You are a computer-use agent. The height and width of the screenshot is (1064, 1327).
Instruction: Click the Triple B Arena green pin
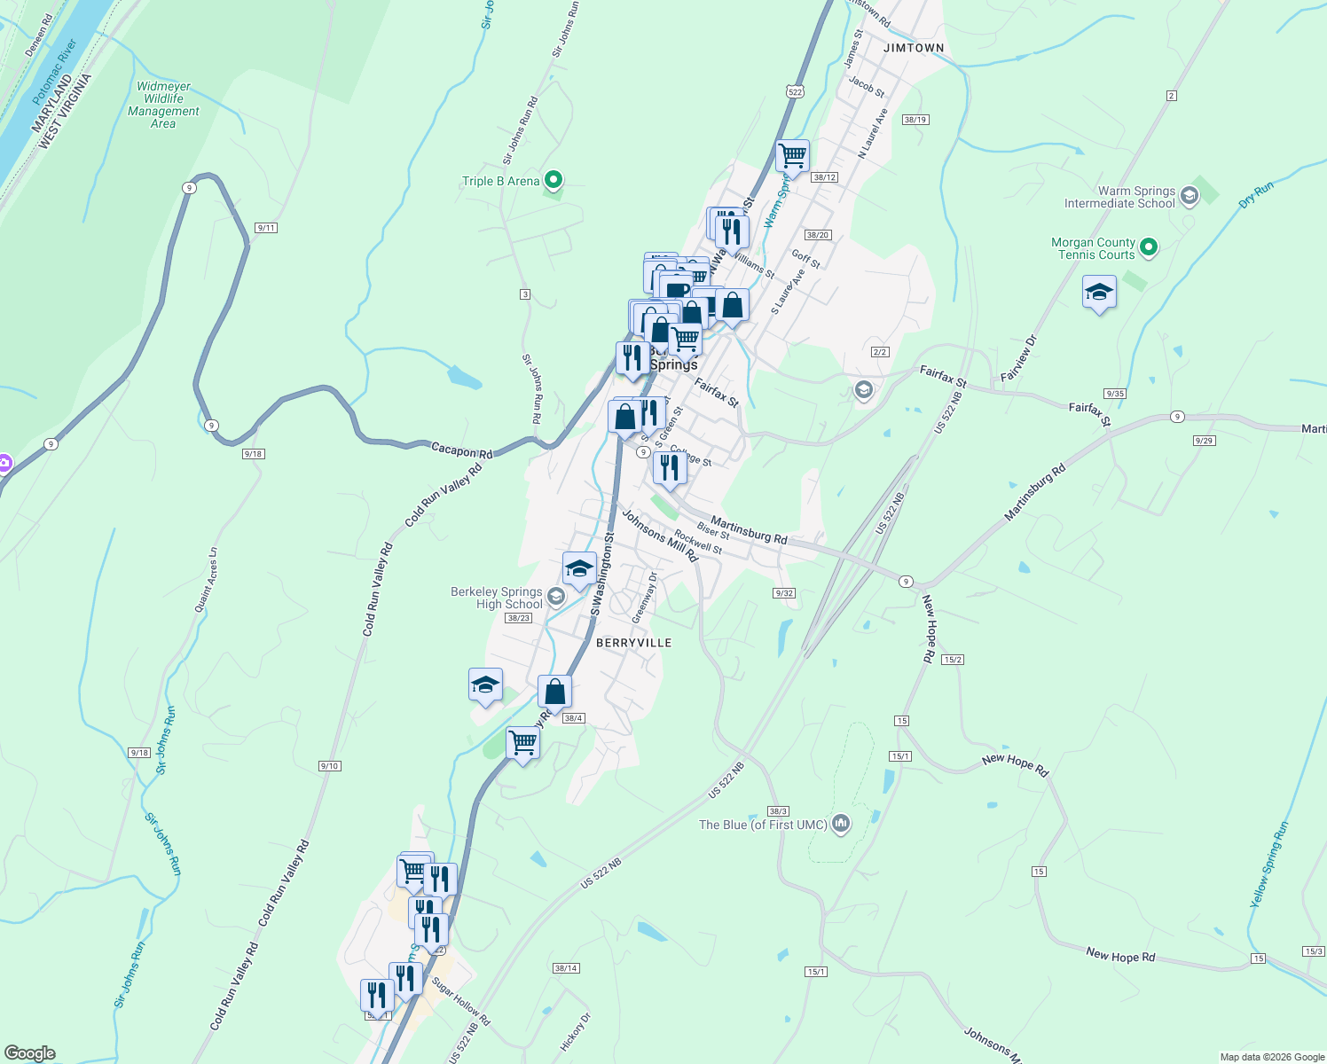[554, 181]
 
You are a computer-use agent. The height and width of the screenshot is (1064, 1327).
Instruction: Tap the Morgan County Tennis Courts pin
[1149, 247]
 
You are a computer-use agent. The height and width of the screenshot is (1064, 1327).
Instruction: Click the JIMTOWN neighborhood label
[914, 48]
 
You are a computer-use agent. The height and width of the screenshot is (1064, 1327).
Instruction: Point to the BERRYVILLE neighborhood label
[633, 643]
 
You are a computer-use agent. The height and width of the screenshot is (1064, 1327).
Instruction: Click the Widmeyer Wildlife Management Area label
[163, 106]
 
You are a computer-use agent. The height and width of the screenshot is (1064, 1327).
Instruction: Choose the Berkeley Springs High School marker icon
[556, 596]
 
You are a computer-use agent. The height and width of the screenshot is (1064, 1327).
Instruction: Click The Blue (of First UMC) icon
[841, 825]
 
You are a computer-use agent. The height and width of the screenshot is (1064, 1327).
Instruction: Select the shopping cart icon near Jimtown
[792, 155]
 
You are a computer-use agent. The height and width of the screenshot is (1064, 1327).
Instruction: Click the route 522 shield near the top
[795, 91]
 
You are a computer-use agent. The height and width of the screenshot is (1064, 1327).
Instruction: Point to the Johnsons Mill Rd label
[659, 535]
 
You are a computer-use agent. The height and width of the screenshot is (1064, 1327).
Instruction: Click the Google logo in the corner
[29, 1053]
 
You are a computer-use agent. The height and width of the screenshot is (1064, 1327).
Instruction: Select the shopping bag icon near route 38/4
[554, 691]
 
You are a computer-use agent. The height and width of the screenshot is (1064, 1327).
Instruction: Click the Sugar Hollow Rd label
[460, 1001]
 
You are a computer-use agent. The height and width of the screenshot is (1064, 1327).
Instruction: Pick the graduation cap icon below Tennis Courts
[1099, 293]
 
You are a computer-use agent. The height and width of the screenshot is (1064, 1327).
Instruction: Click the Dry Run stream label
[1256, 194]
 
